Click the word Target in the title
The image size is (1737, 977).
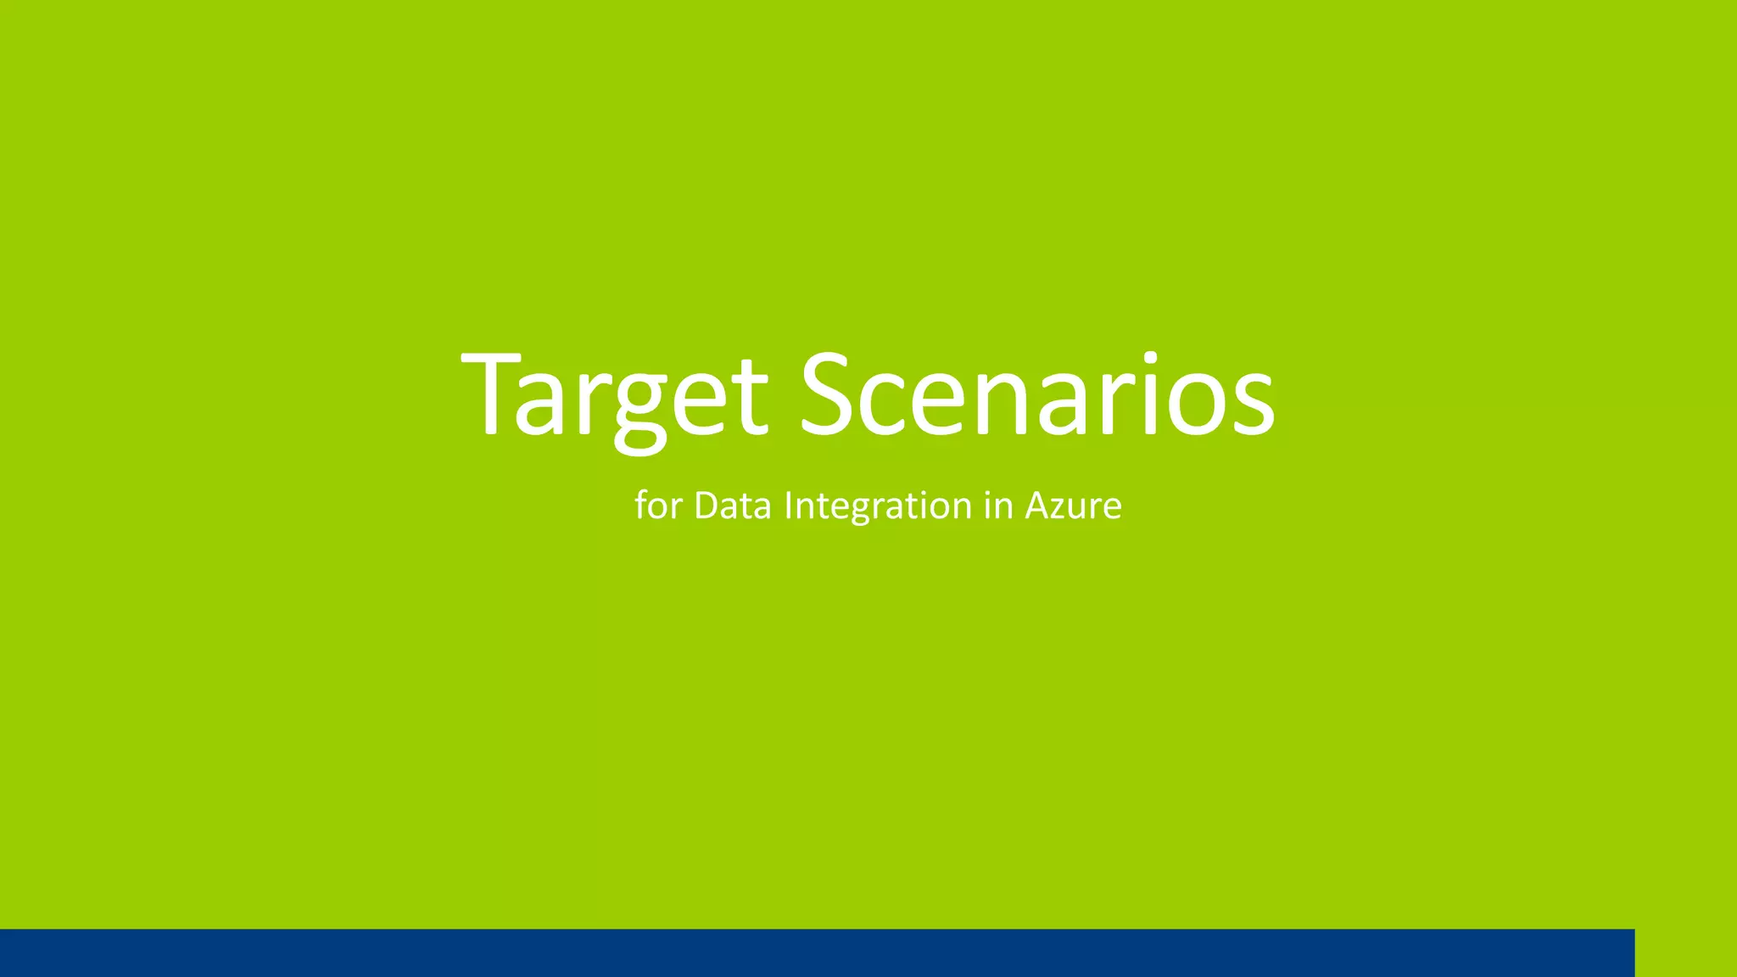point(615,397)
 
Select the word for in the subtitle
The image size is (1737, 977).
point(658,505)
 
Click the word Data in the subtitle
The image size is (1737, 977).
point(732,505)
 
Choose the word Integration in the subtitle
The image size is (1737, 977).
point(877,507)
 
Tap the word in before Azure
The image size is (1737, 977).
point(998,505)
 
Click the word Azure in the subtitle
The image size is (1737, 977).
point(1073,505)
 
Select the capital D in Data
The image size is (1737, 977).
point(707,505)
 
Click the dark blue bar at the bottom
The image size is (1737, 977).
point(814,953)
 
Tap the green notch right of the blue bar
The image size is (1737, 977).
point(1685,953)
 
